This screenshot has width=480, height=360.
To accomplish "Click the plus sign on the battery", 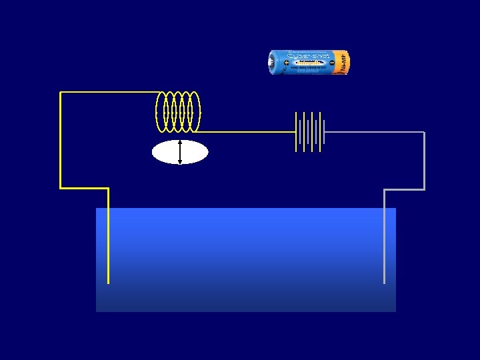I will click(x=277, y=62).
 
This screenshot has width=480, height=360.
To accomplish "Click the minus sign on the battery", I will click(x=331, y=62).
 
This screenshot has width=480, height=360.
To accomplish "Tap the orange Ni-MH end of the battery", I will click(x=341, y=62).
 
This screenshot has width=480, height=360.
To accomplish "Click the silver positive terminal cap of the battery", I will click(x=270, y=62).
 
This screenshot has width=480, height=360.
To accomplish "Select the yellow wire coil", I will click(x=178, y=111).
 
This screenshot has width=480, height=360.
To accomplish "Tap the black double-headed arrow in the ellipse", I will click(x=180, y=152).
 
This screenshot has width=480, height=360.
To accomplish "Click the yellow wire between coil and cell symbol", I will click(x=247, y=132).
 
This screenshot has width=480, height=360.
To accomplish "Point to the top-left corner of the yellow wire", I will click(x=61, y=93).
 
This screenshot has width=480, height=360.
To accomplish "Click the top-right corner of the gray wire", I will click(x=424, y=133).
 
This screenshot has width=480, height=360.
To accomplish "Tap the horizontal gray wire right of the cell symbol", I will click(x=373, y=133).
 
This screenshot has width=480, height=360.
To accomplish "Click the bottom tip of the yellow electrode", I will click(x=108, y=282).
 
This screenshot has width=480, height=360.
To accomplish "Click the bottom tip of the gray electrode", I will click(x=384, y=282).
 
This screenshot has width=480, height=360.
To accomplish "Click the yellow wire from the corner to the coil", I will click(x=110, y=93).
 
